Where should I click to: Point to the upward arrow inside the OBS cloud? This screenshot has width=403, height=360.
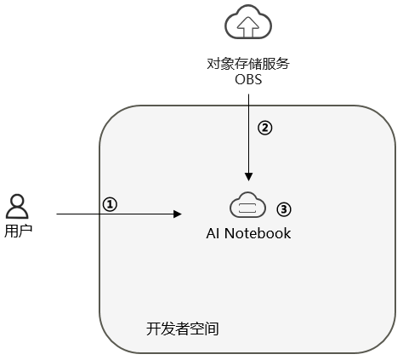[247, 26]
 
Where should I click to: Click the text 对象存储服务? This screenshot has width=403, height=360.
[247, 64]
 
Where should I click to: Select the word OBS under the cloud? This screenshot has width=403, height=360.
[247, 80]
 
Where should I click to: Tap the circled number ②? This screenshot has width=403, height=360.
[264, 129]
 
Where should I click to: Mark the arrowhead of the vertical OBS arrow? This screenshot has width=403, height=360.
[248, 178]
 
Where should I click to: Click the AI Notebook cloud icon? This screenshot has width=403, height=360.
[247, 207]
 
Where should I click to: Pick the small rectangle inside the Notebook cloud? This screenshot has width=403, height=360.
[247, 209]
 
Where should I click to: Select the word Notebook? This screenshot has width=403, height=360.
[258, 233]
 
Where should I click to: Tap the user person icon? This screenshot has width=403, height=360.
[17, 207]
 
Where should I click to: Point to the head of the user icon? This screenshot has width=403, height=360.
[17, 201]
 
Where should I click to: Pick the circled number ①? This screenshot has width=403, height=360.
[109, 204]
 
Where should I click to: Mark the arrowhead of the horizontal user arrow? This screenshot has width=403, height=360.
[179, 214]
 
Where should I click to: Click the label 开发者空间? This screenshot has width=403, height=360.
[183, 329]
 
